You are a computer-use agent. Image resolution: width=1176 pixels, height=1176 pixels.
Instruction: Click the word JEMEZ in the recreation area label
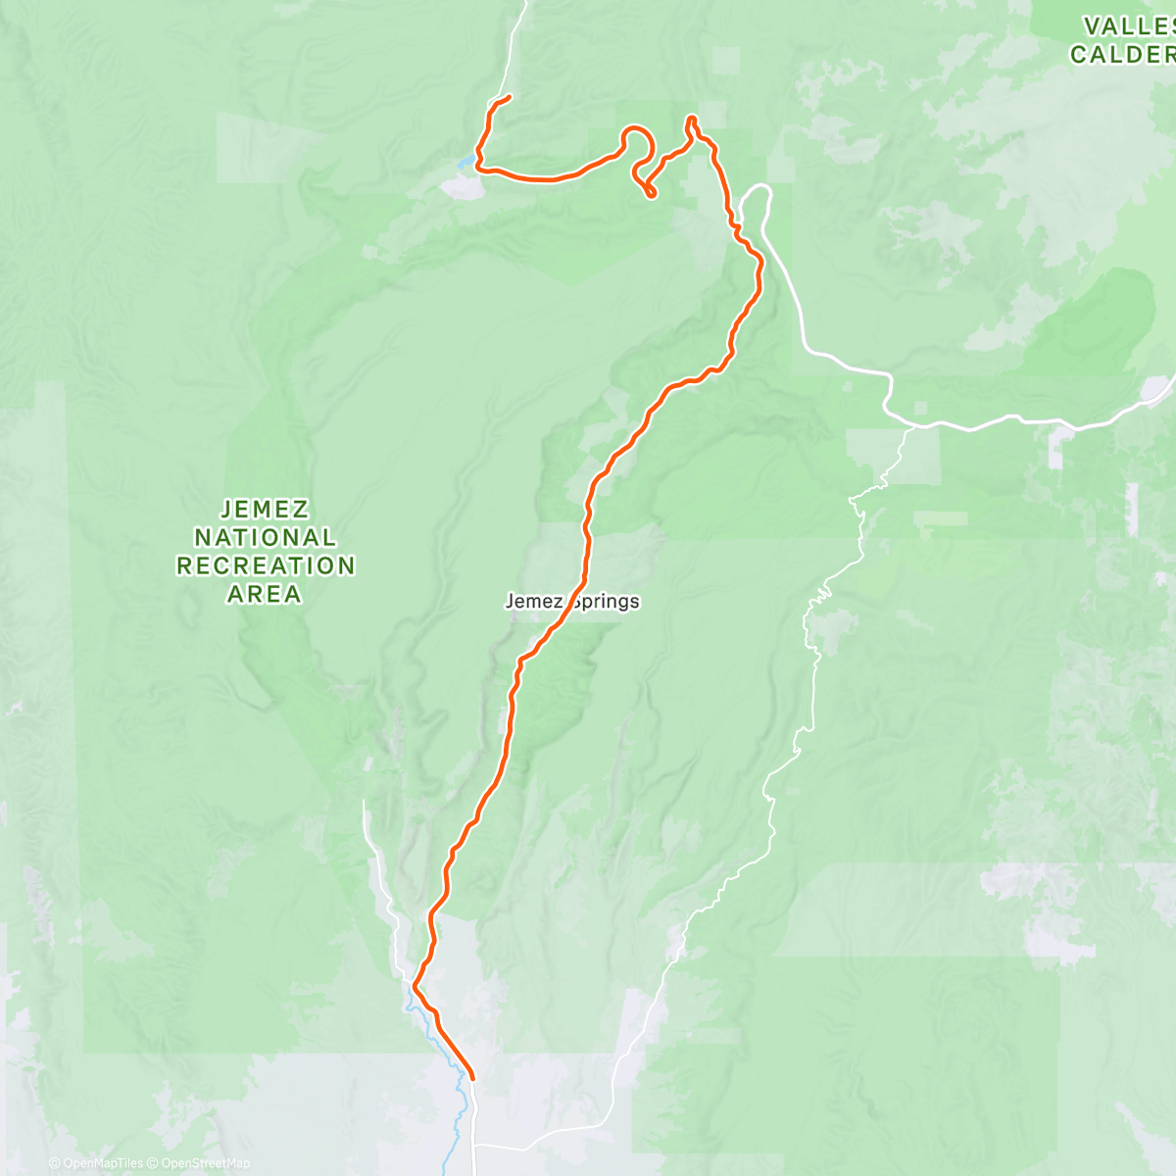pos(265,509)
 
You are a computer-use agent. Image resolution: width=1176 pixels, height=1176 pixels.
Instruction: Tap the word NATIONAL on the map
pos(265,537)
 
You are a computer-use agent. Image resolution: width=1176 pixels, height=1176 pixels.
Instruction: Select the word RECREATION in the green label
pos(265,565)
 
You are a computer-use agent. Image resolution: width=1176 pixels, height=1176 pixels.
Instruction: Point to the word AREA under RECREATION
pos(265,594)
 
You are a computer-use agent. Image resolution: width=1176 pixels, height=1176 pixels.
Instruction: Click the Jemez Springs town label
pos(572,601)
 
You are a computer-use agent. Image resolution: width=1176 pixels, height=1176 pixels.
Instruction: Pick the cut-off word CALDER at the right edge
pos(1123,55)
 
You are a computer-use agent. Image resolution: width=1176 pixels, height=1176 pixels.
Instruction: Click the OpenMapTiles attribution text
pos(96,1163)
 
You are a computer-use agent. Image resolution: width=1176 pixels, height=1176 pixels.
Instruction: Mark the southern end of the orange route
pos(472,1078)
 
